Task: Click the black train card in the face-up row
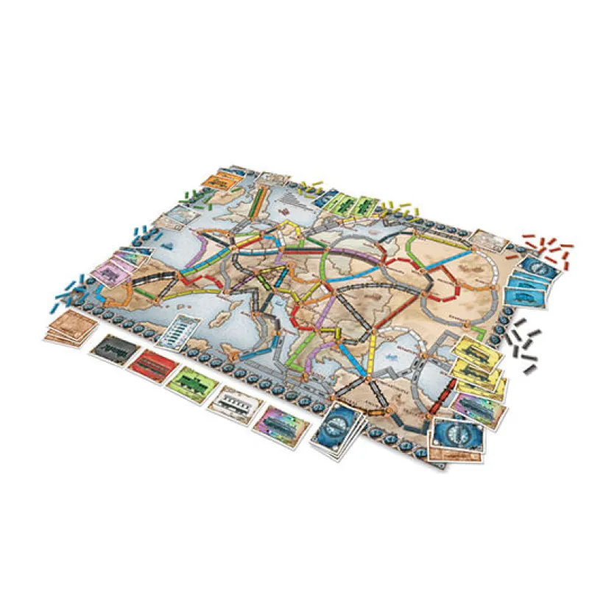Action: (112, 345)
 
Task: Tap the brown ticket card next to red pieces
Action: (487, 240)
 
